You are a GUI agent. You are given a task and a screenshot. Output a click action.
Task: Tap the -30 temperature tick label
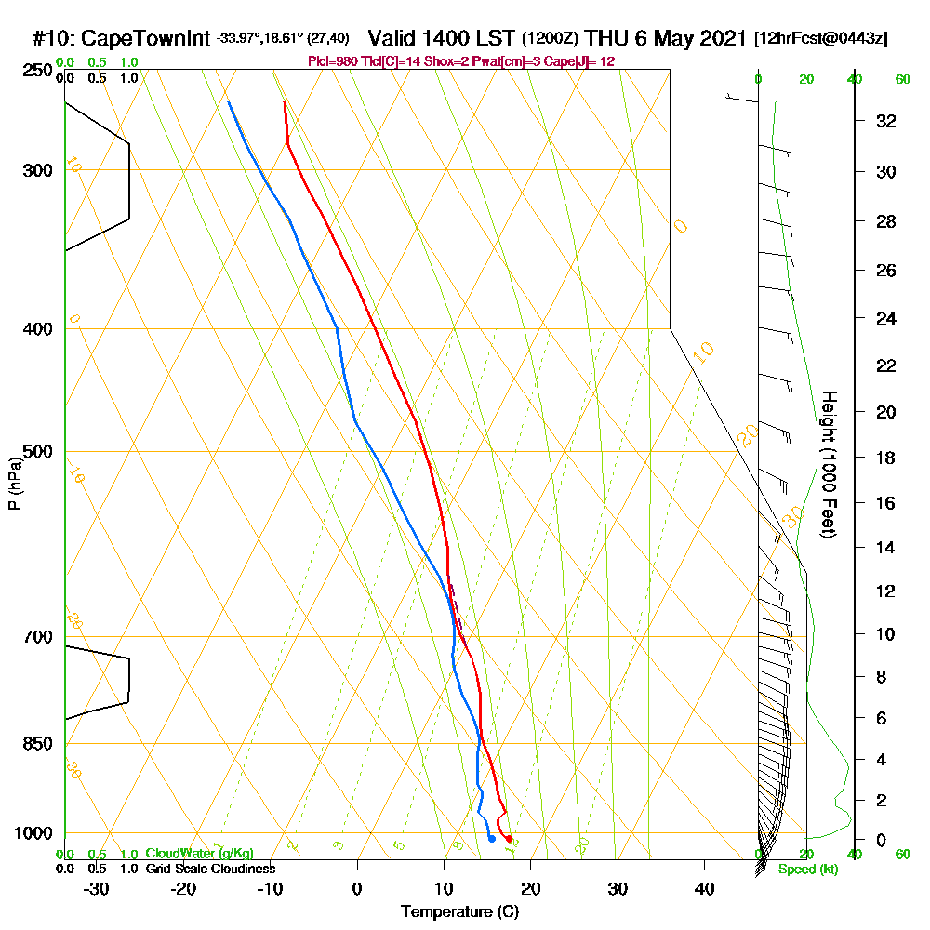tap(97, 889)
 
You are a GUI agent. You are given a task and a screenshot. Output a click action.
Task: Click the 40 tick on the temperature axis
tap(704, 889)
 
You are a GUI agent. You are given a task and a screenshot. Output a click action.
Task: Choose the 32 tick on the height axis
tap(886, 121)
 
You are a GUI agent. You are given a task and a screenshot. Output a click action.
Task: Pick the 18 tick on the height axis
tap(886, 458)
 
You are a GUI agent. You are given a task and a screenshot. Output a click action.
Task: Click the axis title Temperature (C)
tap(459, 912)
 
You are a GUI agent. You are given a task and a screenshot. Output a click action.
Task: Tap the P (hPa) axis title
tap(14, 483)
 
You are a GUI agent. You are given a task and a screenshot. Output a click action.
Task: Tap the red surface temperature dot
tap(509, 839)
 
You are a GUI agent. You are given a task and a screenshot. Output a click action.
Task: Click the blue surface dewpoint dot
tap(492, 839)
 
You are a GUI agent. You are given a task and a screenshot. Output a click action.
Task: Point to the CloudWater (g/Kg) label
tap(198, 854)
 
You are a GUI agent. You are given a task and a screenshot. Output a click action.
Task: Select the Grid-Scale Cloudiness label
tap(209, 869)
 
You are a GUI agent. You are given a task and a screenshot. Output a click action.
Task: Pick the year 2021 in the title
tap(721, 39)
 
